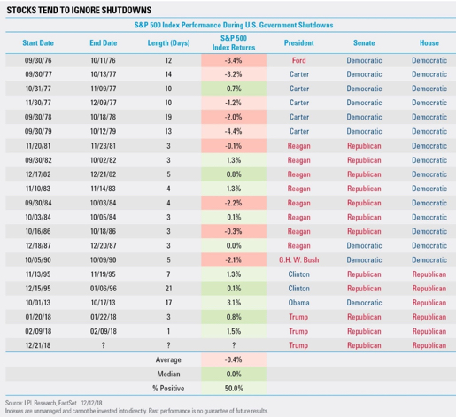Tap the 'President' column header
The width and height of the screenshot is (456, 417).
pos(298,42)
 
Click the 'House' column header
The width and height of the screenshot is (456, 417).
pos(429,42)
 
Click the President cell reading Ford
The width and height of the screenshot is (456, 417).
pos(298,59)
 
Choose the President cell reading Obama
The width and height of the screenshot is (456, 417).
pos(298,302)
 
